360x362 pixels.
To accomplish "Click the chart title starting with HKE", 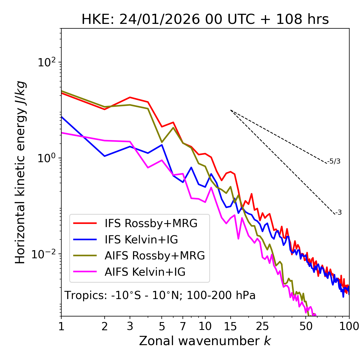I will point(205,20).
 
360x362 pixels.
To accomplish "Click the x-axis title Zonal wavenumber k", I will point(205,341).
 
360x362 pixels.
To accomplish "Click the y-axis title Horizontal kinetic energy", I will point(21,172).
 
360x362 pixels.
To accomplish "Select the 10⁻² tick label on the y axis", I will point(45,254).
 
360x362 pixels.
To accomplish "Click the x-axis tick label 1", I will point(61,326).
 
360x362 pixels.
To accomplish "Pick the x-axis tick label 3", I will point(130,326).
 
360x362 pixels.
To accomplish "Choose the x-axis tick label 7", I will point(183,326).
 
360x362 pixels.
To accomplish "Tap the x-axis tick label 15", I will point(230,326).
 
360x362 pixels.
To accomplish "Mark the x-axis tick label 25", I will point(262,326).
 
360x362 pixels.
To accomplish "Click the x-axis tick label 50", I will point(306,326).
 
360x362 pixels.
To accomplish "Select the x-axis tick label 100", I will point(349,326).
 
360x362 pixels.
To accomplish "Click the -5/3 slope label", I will point(334,161).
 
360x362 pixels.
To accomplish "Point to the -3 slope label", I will point(338,213).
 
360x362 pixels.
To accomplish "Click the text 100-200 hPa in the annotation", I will point(221,295).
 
